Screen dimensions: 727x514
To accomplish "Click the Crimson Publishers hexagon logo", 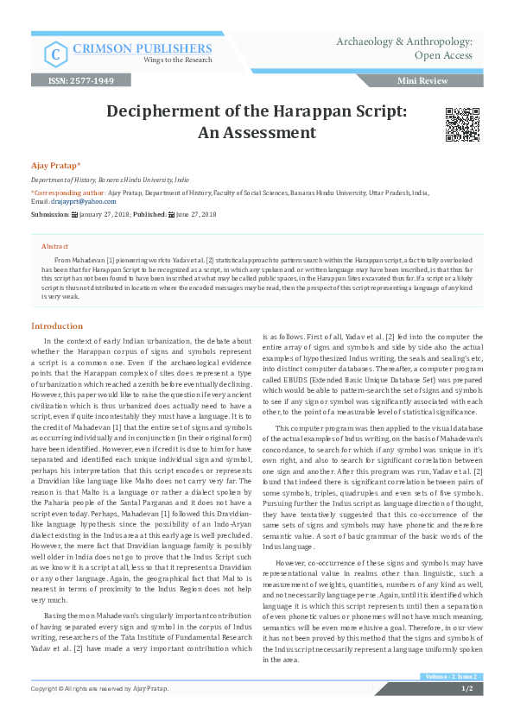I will point(57,54).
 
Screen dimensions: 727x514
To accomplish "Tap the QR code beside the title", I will point(462,125).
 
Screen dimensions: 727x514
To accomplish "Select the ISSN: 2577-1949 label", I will point(86,80).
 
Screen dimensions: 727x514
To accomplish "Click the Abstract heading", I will point(54,246).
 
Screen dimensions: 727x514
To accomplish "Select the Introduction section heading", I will point(57,326).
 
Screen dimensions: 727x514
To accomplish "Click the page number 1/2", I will point(466,713).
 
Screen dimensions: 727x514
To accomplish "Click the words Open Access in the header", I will point(443,55).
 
